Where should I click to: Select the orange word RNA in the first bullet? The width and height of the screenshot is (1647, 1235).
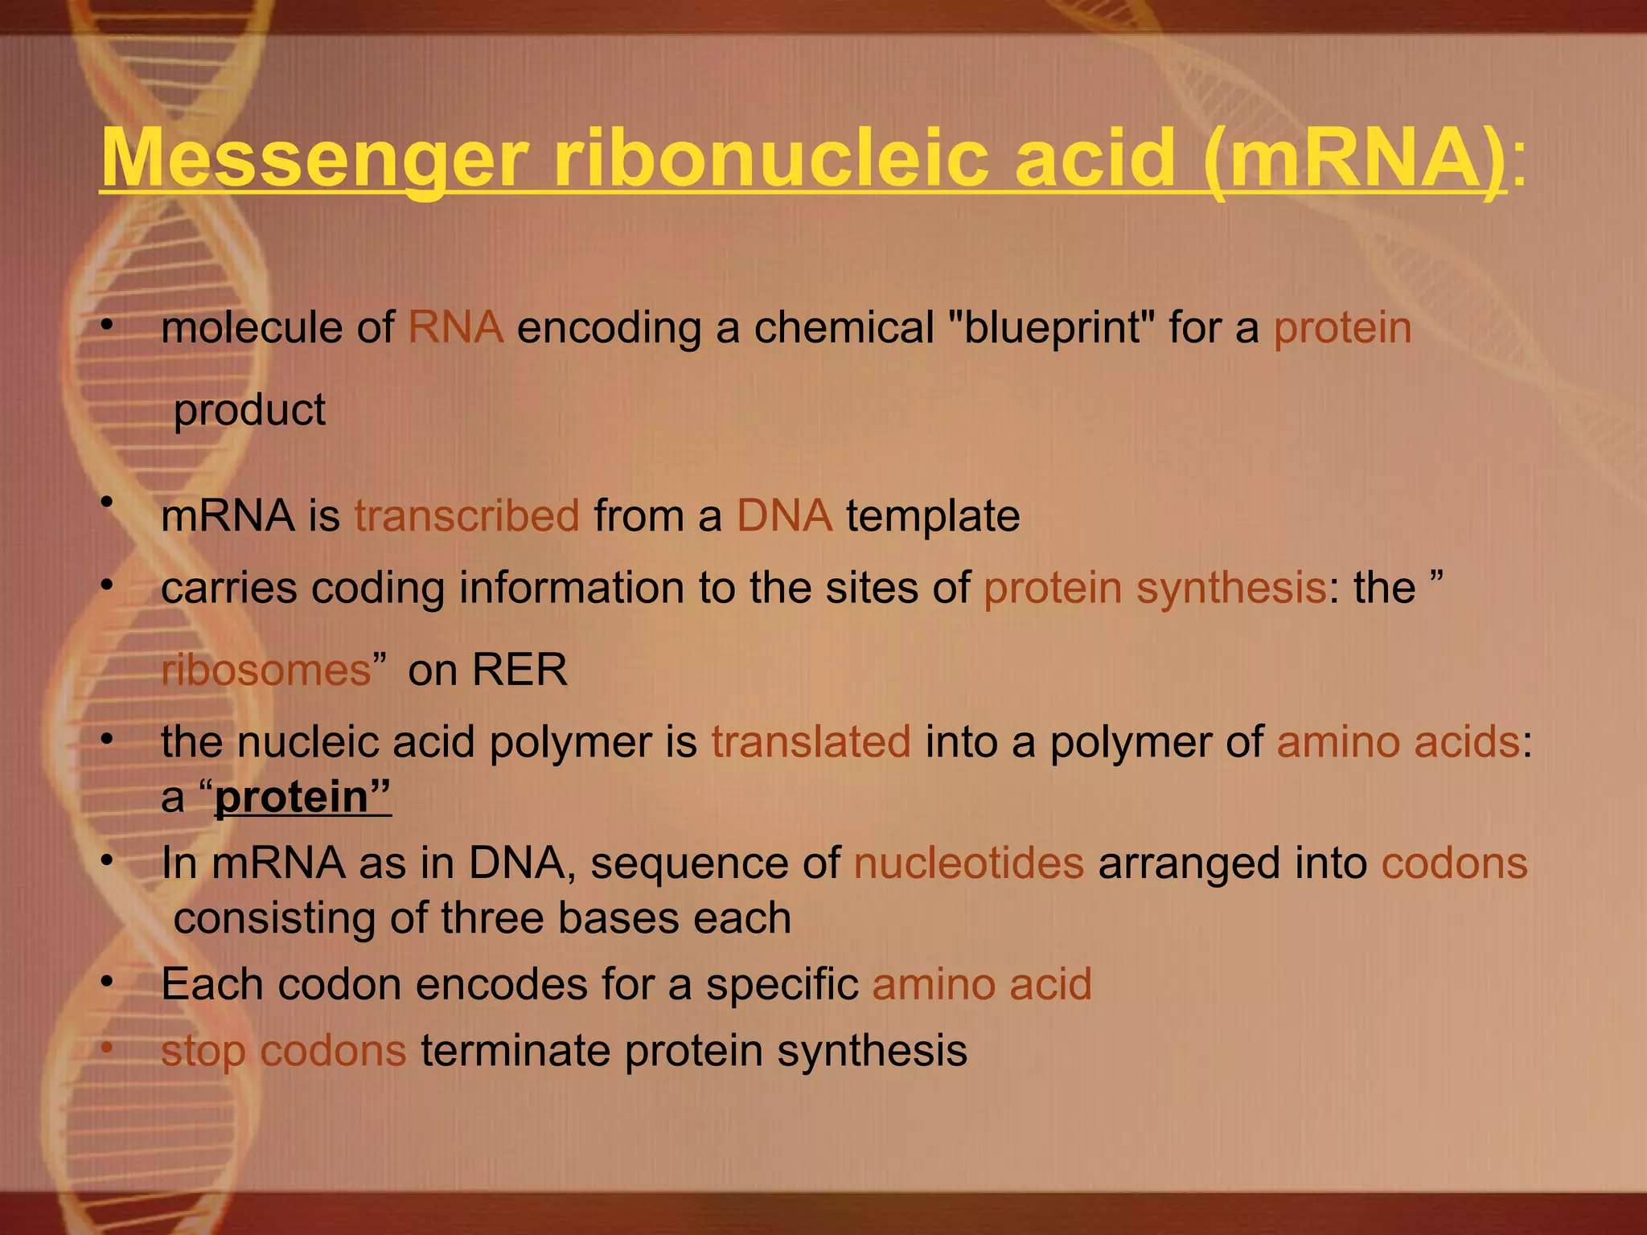455,328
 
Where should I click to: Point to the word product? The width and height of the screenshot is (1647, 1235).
249,410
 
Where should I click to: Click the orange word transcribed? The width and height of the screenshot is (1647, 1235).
466,515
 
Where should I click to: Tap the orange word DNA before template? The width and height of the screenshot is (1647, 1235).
784,515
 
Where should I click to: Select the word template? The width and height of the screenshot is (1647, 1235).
933,515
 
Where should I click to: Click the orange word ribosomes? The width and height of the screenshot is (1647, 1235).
266,670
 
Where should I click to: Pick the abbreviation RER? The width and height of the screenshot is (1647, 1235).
520,670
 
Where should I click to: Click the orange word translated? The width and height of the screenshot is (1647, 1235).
811,741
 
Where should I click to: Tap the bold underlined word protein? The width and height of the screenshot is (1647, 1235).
291,797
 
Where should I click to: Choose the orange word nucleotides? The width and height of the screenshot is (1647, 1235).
968,863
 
